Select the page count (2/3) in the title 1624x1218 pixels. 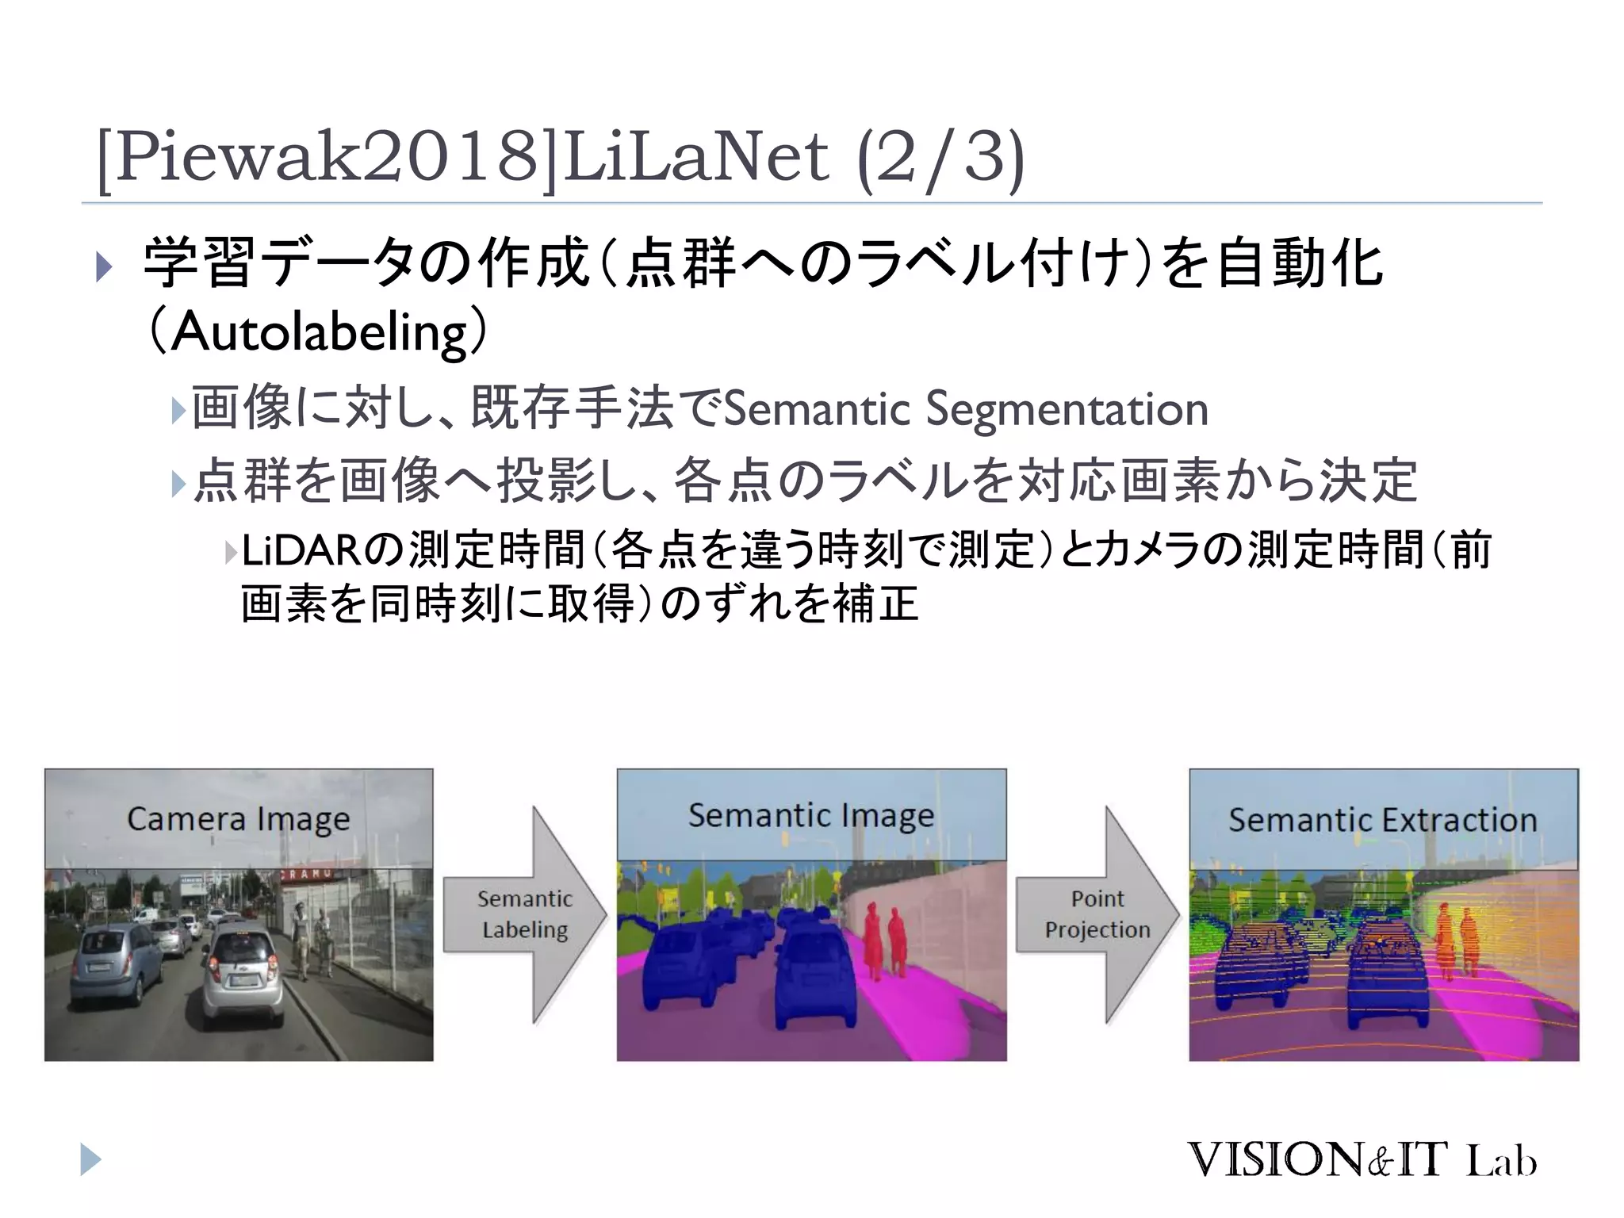click(x=941, y=157)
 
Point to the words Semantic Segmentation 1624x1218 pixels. click(x=966, y=409)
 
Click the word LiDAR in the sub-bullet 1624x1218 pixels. click(x=301, y=550)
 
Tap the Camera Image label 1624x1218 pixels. click(x=238, y=818)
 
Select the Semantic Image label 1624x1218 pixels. click(x=810, y=815)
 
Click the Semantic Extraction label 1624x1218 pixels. click(x=1382, y=820)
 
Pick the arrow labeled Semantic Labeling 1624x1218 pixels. click(x=525, y=914)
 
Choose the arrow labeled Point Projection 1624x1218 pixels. click(x=1097, y=914)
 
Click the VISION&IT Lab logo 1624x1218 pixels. click(x=1362, y=1160)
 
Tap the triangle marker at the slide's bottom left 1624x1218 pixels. click(x=90, y=1159)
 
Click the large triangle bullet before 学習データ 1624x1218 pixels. click(x=104, y=266)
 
